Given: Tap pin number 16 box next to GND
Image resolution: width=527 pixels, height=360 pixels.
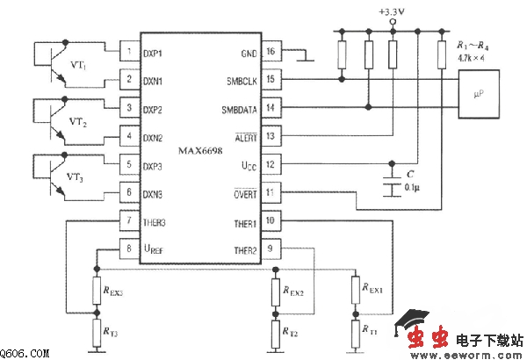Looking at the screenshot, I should click(x=271, y=52).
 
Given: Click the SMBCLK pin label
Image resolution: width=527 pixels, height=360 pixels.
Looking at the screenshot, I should click(x=241, y=80).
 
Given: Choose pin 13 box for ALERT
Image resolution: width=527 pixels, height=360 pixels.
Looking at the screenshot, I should click(x=271, y=136).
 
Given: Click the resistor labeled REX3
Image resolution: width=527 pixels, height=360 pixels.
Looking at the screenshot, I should click(x=96, y=290).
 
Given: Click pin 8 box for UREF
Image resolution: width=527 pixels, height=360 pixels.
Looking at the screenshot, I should click(x=129, y=249).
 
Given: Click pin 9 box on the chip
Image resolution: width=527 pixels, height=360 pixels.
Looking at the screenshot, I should click(x=271, y=249).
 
